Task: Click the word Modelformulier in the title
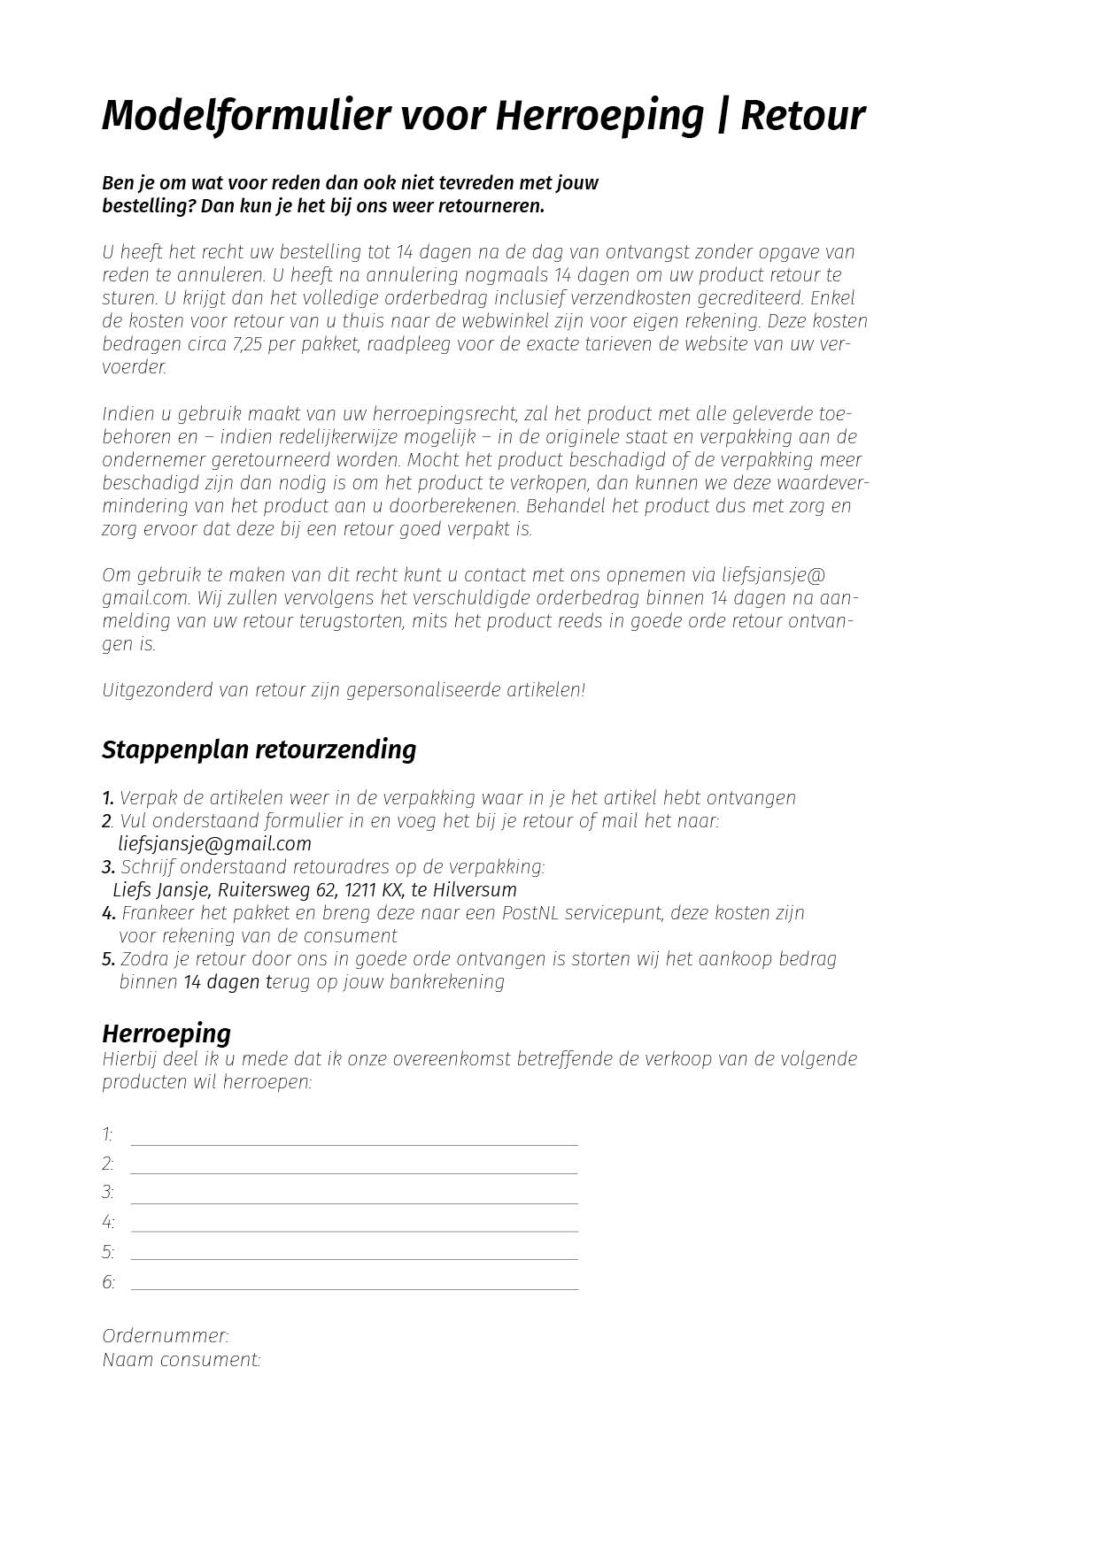pyautogui.click(x=245, y=116)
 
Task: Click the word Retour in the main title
pyautogui.click(x=802, y=116)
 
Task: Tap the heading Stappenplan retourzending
pyautogui.click(x=259, y=749)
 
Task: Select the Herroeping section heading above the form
pyautogui.click(x=166, y=1033)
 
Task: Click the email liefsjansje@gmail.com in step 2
pyautogui.click(x=214, y=844)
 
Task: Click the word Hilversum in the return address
pyautogui.click(x=475, y=890)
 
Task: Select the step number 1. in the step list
pyautogui.click(x=108, y=798)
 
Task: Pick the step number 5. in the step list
pyautogui.click(x=108, y=959)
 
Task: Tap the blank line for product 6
pyautogui.click(x=354, y=1281)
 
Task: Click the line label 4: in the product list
pyautogui.click(x=108, y=1223)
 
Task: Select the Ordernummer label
pyautogui.click(x=166, y=1336)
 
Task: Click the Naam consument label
pyautogui.click(x=182, y=1360)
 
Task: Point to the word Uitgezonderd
pyautogui.click(x=157, y=690)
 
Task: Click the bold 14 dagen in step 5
pyautogui.click(x=221, y=982)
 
